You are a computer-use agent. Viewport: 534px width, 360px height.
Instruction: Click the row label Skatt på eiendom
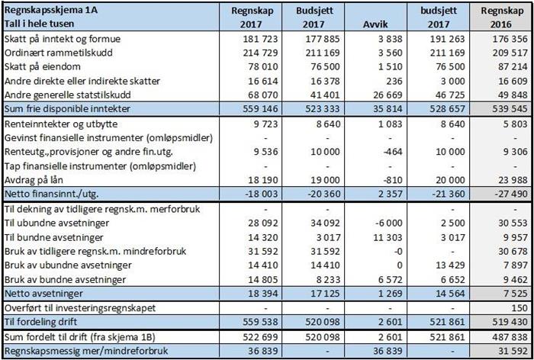click(43, 67)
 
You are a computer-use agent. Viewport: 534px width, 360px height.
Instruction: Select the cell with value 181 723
click(261, 39)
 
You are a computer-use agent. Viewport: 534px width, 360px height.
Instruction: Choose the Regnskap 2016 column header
click(502, 18)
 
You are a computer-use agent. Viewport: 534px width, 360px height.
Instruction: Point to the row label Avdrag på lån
click(34, 180)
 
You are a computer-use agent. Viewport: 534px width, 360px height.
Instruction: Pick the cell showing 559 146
click(261, 109)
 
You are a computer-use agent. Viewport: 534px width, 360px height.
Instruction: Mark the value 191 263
click(447, 39)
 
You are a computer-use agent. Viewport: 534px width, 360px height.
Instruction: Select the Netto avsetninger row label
click(43, 293)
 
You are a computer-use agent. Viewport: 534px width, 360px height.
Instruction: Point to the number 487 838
click(510, 337)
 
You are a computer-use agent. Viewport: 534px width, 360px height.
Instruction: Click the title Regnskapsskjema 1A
click(51, 10)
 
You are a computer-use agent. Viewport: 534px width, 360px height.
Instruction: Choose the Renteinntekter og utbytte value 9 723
click(265, 124)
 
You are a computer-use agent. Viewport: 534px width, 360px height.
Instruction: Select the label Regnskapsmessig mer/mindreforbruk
click(86, 351)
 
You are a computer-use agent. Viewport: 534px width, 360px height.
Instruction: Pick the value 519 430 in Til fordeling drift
click(510, 322)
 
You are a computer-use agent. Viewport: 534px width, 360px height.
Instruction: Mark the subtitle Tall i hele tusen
click(39, 24)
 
